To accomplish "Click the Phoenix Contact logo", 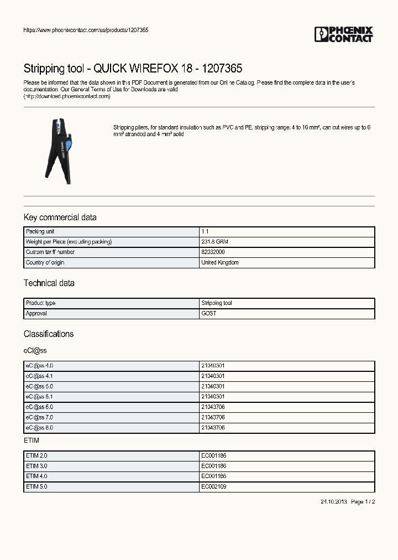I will point(343,34).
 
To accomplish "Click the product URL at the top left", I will point(86,30).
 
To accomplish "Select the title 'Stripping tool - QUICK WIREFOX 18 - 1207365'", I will point(133,69).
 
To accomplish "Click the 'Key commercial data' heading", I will point(60,217).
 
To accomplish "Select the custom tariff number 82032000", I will point(213,252).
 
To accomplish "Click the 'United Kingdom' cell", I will point(220,263).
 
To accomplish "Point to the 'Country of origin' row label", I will point(45,263).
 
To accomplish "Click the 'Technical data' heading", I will point(49,283).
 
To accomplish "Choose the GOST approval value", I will point(209,314).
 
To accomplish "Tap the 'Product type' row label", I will point(41,303).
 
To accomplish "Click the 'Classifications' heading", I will point(49,334).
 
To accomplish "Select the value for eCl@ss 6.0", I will point(213,407).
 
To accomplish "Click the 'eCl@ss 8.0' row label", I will point(39,428).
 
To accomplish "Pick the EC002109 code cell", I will point(213,487).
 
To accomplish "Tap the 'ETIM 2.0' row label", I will point(36,456).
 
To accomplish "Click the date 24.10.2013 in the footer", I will point(333,502).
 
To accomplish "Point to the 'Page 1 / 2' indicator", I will point(363,502).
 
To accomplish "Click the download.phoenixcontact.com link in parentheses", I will point(67,96).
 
